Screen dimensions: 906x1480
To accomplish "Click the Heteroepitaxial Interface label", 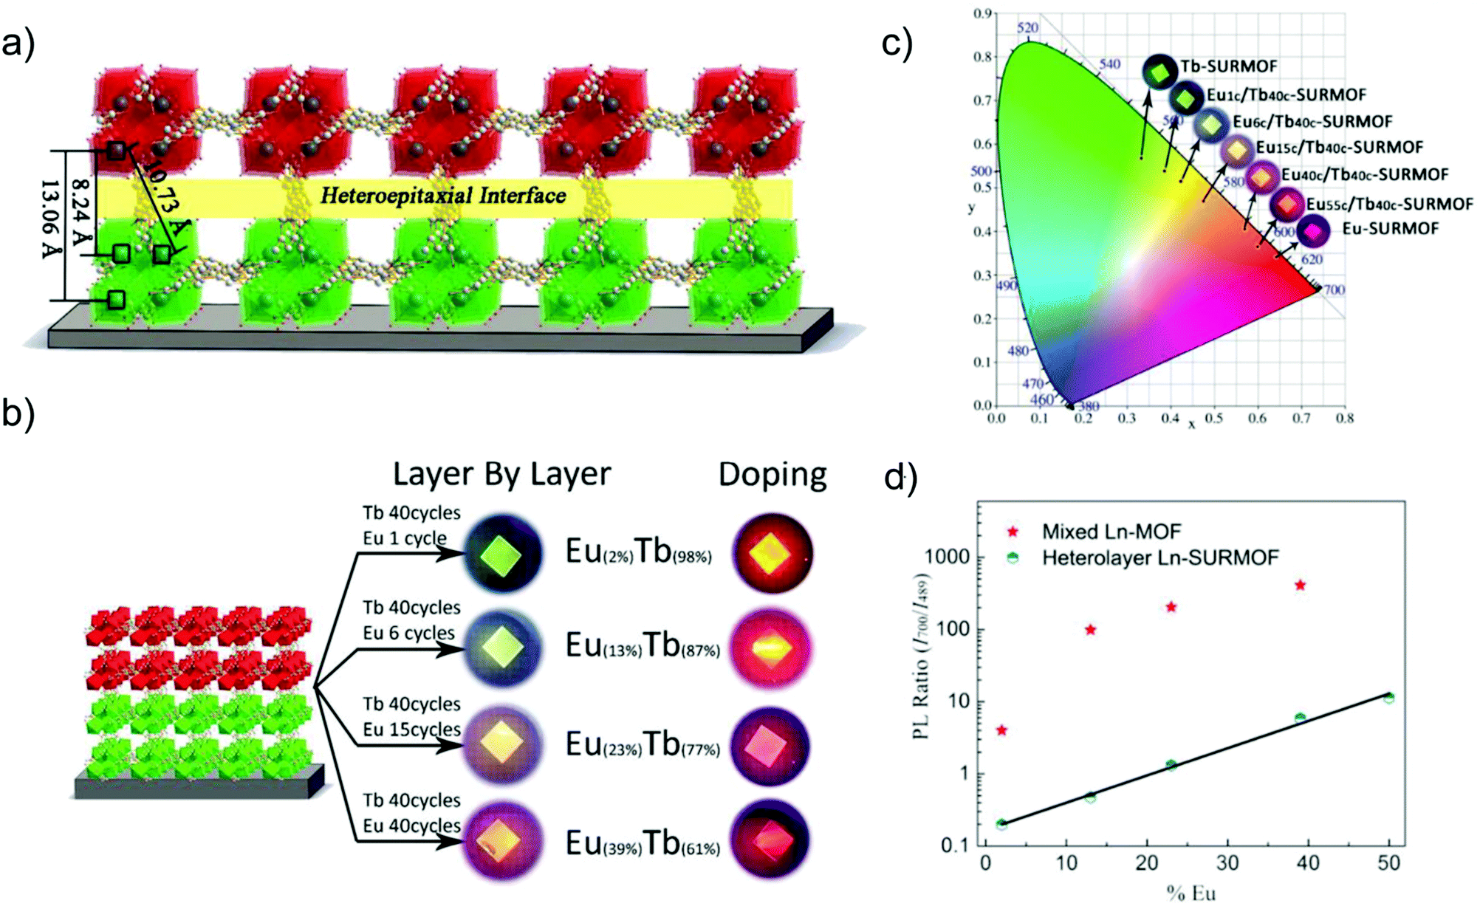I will pyautogui.click(x=443, y=196).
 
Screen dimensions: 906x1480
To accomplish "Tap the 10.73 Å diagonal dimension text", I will pyautogui.click(x=164, y=196).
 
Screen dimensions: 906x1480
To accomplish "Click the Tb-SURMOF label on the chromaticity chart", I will pyautogui.click(x=1228, y=66).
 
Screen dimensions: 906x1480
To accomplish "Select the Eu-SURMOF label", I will pyautogui.click(x=1390, y=229).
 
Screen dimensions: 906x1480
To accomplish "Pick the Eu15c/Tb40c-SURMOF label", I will pyautogui.click(x=1339, y=147).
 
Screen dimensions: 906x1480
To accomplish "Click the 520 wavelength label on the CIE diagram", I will pyautogui.click(x=1027, y=28).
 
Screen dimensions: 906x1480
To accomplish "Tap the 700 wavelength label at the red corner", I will pyautogui.click(x=1333, y=290).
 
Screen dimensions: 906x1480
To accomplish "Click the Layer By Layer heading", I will pyautogui.click(x=501, y=475).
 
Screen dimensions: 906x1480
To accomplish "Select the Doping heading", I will pyautogui.click(x=772, y=475).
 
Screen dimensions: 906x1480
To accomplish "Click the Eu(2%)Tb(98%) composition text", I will pyautogui.click(x=639, y=552).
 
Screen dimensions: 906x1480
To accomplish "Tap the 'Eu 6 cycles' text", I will pyautogui.click(x=408, y=634).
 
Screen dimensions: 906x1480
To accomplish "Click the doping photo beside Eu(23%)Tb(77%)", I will pyautogui.click(x=770, y=746).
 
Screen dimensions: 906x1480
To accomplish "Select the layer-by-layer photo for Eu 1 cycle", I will pyautogui.click(x=501, y=554).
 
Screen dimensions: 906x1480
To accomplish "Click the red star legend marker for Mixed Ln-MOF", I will pyautogui.click(x=1013, y=532).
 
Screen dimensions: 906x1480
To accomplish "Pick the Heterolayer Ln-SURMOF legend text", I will pyautogui.click(x=1159, y=557).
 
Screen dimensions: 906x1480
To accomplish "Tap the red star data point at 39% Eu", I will pyautogui.click(x=1300, y=586).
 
